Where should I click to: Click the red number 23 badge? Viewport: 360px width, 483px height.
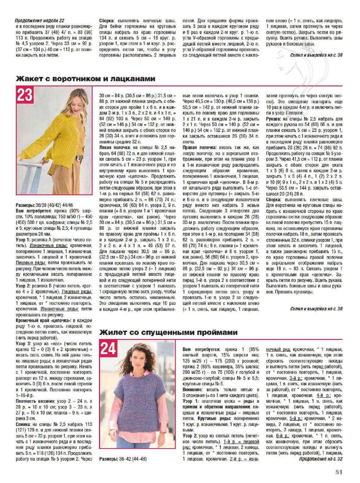tap(25, 95)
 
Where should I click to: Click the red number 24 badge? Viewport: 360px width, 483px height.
tap(108, 349)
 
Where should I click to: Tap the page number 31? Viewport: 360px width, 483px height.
tap(338, 472)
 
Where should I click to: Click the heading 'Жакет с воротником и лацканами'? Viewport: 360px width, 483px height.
tap(86, 79)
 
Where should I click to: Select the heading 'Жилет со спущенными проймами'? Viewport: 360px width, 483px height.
tap(168, 332)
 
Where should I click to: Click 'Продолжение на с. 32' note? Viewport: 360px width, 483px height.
tap(320, 459)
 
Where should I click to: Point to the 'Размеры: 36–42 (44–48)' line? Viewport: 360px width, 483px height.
tap(123, 459)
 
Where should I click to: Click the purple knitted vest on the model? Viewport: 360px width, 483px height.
tap(139, 396)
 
